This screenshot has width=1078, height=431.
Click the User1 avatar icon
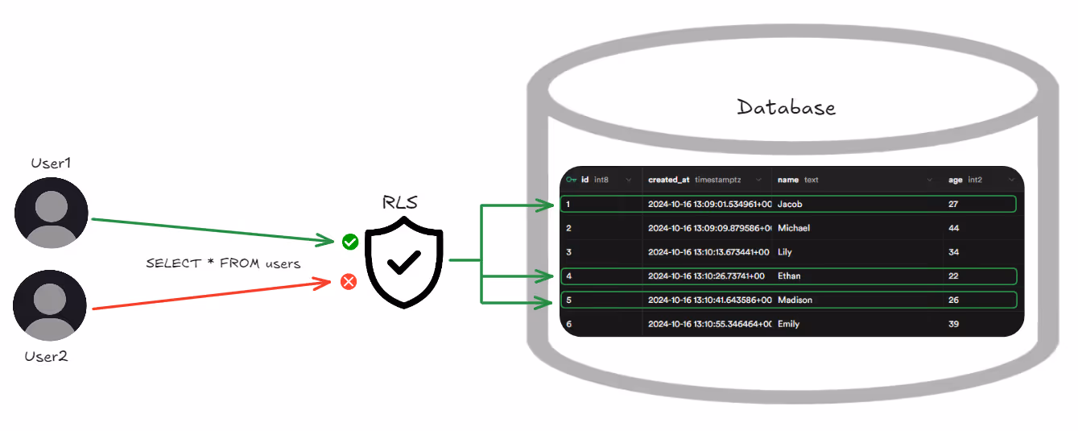pos(52,213)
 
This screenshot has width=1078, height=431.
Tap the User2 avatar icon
pos(50,305)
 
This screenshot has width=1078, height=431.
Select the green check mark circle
pos(350,242)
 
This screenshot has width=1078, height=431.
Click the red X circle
pos(349,282)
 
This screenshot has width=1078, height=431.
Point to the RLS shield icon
pos(404,262)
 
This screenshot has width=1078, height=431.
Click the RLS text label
pos(399,202)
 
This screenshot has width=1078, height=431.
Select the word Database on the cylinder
pos(787,107)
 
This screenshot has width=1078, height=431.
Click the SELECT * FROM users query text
pos(223,263)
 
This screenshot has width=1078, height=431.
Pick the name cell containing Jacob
pos(790,204)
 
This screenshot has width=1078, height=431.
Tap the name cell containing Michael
pos(794,228)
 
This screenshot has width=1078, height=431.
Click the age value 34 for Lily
pos(953,252)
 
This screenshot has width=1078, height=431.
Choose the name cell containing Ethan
pos(789,276)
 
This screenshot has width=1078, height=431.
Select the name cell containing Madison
pos(795,300)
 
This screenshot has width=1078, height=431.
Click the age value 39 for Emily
pos(953,324)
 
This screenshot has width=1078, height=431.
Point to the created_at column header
pos(695,180)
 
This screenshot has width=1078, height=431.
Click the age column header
pos(965,180)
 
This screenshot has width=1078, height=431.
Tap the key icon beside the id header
pos(572,180)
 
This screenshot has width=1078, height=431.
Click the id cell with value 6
pos(569,324)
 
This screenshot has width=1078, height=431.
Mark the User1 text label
pos(51,164)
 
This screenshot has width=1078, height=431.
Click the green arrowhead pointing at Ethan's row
pos(545,276)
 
